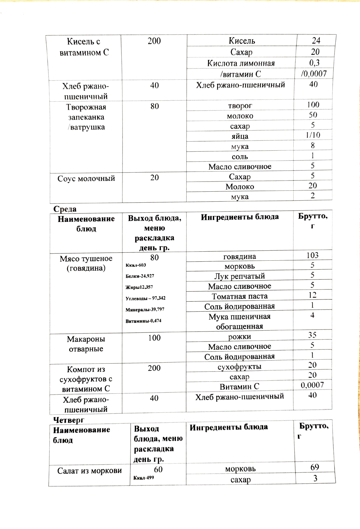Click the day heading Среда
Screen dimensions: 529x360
point(65,209)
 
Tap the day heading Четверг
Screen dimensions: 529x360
point(69,420)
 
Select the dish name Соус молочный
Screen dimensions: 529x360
point(86,179)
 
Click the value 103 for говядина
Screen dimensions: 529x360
point(312,255)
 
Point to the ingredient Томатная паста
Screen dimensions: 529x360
point(239,296)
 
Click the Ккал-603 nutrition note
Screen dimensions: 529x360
point(136,265)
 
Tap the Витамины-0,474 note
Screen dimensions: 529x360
point(143,321)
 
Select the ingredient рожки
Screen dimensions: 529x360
point(239,337)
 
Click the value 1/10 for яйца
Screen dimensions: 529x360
point(313,135)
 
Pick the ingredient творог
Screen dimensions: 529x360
point(240,106)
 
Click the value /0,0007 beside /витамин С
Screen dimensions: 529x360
point(314,74)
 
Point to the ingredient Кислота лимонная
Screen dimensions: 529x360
point(241,63)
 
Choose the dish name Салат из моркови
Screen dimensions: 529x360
point(89,471)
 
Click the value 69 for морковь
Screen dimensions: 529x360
point(314,467)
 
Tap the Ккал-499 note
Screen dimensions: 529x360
point(144,478)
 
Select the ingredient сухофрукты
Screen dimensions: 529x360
point(239,367)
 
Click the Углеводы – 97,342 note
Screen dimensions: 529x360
point(145,298)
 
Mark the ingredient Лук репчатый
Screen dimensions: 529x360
point(239,276)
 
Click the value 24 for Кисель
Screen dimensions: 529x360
point(316,40)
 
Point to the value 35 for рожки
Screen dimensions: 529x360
point(312,335)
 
